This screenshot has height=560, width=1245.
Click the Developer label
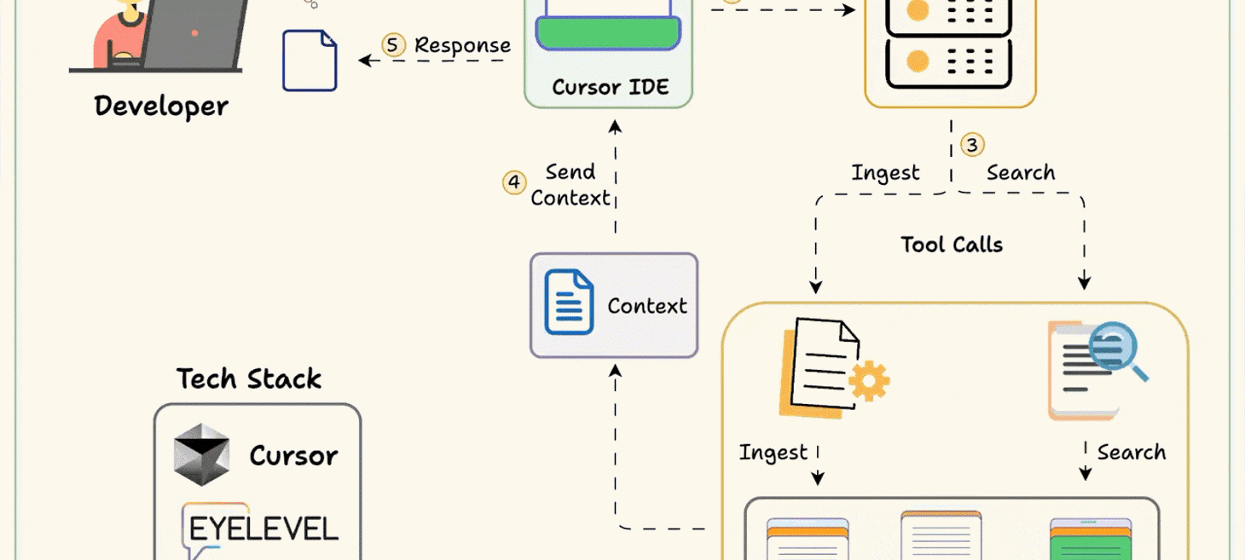161,107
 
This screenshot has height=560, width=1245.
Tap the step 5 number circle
393,45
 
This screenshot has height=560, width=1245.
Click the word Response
462,45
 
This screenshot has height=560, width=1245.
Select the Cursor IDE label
610,87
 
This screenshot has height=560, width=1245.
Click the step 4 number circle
513,182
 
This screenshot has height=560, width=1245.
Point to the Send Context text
570,185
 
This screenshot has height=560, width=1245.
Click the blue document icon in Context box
569,303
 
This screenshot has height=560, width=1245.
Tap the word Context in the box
646,306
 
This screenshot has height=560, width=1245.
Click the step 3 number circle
972,145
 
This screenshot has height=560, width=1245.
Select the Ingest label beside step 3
885,173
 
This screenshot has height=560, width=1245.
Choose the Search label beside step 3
1021,173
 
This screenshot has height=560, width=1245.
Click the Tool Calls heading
952,245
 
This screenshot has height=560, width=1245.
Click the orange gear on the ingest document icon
869,380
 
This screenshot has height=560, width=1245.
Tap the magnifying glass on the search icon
1115,347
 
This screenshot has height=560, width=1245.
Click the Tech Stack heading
249,378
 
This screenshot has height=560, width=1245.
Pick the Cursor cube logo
202,454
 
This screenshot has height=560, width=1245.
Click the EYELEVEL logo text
263,528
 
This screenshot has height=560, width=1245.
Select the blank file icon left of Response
310,61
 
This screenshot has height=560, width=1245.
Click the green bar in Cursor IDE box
608,33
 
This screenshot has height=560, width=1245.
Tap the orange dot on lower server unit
918,61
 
